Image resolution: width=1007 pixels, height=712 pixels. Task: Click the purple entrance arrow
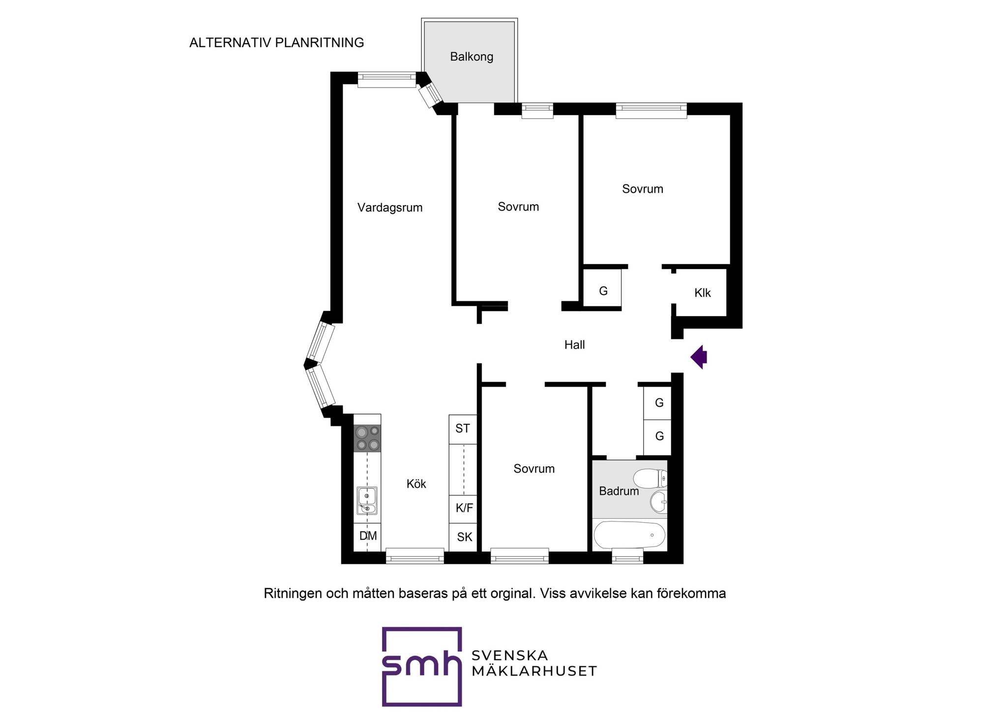tap(699, 357)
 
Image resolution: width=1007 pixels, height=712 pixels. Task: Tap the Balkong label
tap(472, 57)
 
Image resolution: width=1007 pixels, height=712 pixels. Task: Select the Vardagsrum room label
tap(390, 208)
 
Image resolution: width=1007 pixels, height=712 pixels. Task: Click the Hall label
tap(574, 345)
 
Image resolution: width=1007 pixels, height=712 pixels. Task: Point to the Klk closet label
tap(703, 293)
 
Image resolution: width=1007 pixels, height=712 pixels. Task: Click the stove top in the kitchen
tap(367, 439)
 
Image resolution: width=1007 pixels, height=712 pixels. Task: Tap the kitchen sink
tap(367, 501)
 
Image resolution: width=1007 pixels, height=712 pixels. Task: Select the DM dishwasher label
tap(368, 535)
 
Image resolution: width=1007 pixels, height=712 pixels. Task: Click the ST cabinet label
tap(462, 428)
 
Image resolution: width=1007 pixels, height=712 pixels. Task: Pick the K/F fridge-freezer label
tap(464, 508)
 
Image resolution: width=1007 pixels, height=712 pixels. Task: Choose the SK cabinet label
tap(464, 537)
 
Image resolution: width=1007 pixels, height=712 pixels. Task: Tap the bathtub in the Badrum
tap(629, 535)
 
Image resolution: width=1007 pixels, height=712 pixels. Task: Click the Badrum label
tap(619, 491)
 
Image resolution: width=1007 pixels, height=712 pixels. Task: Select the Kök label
tap(416, 484)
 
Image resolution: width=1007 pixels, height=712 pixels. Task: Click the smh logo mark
tap(422, 666)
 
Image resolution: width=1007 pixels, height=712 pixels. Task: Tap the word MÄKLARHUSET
tap(534, 671)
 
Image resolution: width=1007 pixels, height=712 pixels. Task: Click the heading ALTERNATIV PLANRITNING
tap(277, 43)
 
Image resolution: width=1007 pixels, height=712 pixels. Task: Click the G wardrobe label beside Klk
tap(603, 291)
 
